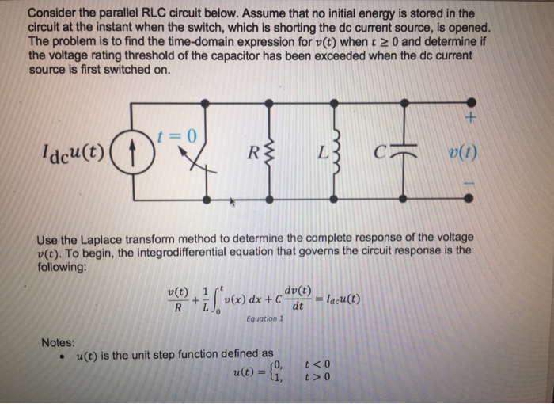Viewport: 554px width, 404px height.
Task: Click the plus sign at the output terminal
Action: click(x=472, y=119)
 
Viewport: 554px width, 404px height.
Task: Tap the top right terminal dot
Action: click(x=472, y=102)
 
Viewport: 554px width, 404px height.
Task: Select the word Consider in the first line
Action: click(x=52, y=13)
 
